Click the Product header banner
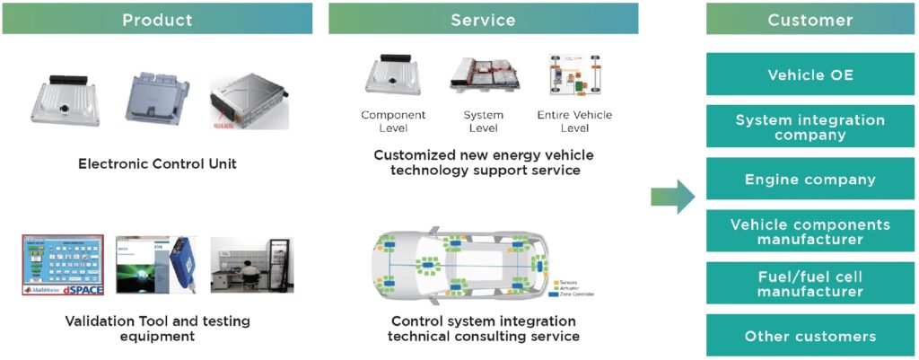(x=157, y=19)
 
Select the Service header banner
(x=483, y=19)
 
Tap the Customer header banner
(x=810, y=19)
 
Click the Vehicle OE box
(x=810, y=75)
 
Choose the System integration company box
(x=810, y=127)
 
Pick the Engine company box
(x=810, y=180)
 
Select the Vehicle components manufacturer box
(x=810, y=232)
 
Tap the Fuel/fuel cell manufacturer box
(x=810, y=284)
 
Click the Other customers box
(x=810, y=336)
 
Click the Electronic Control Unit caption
(x=157, y=164)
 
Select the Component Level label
(x=393, y=122)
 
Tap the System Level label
(x=483, y=122)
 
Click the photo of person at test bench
(x=251, y=266)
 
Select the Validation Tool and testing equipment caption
(x=157, y=329)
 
